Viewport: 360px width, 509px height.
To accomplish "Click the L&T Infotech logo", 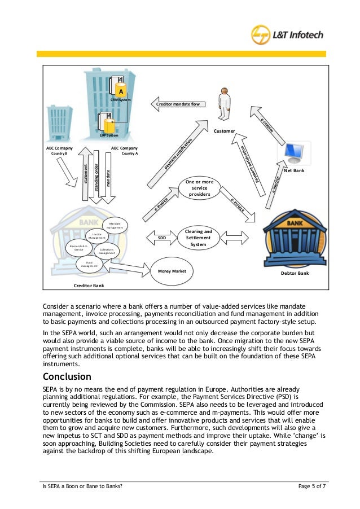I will click(287, 34).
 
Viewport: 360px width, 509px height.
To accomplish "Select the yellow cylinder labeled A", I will click(120, 90).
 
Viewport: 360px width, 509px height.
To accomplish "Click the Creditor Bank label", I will click(89, 286).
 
